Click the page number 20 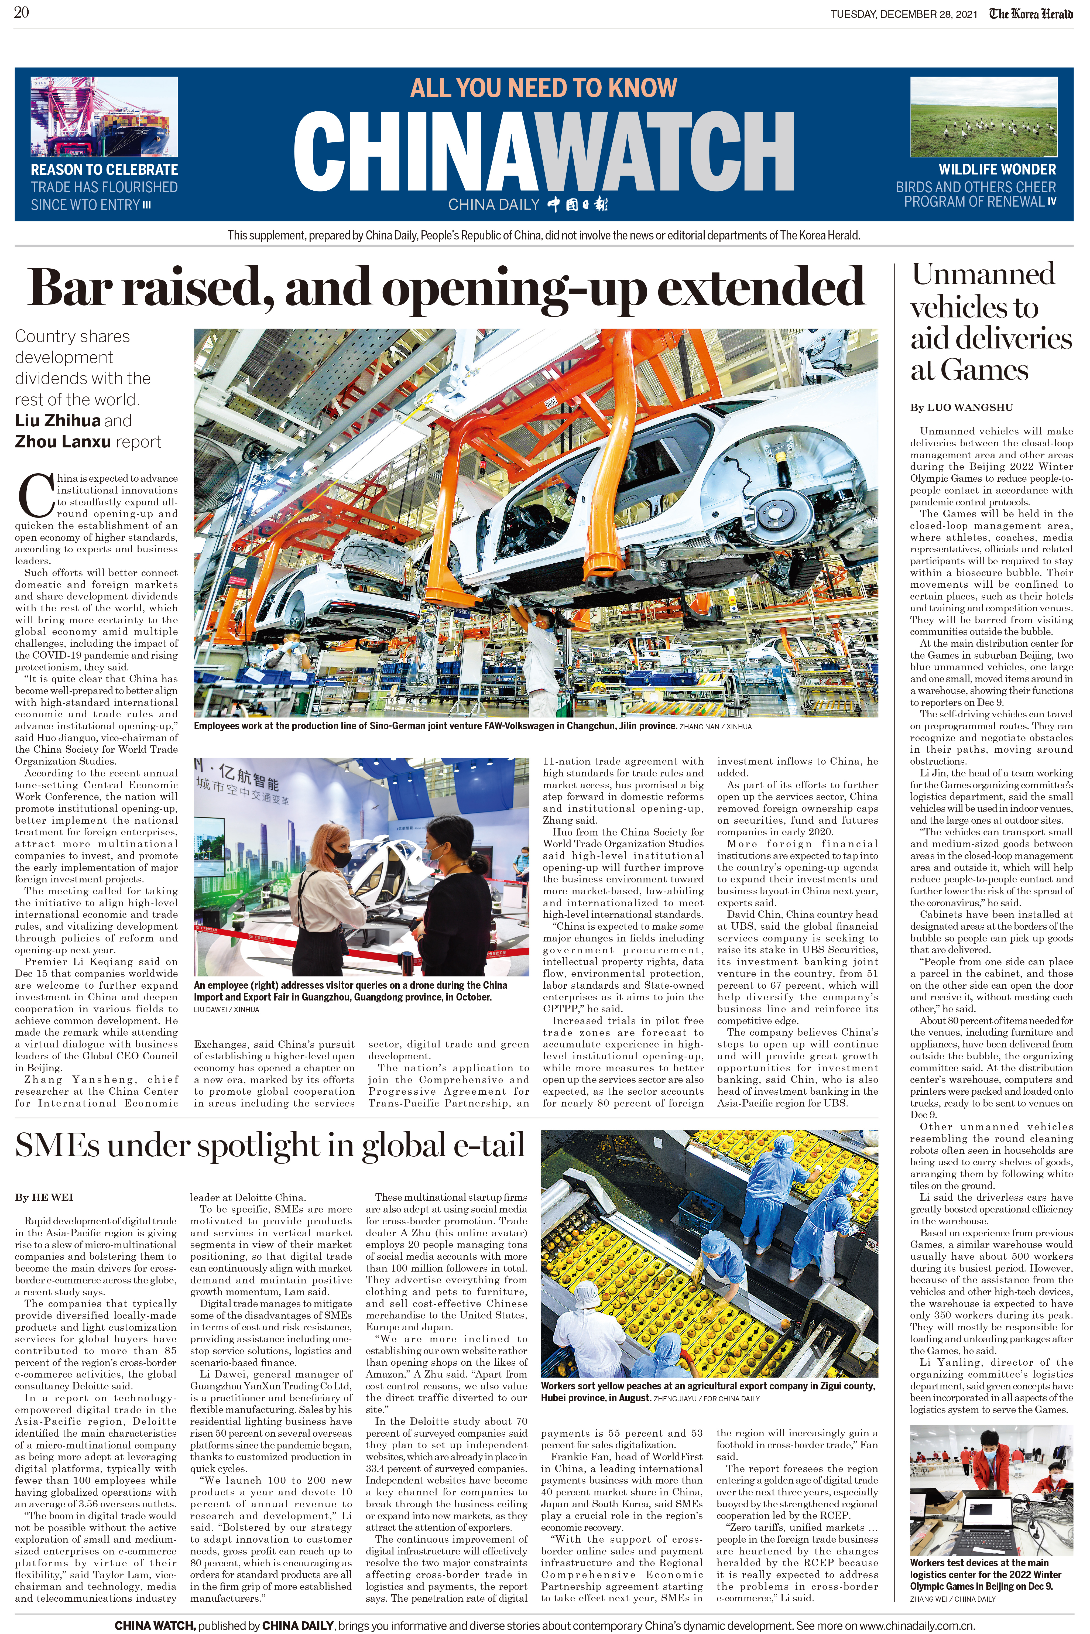pyautogui.click(x=21, y=12)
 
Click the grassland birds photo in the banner pyautogui.click(x=984, y=117)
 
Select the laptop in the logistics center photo pyautogui.click(x=987, y=1520)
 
